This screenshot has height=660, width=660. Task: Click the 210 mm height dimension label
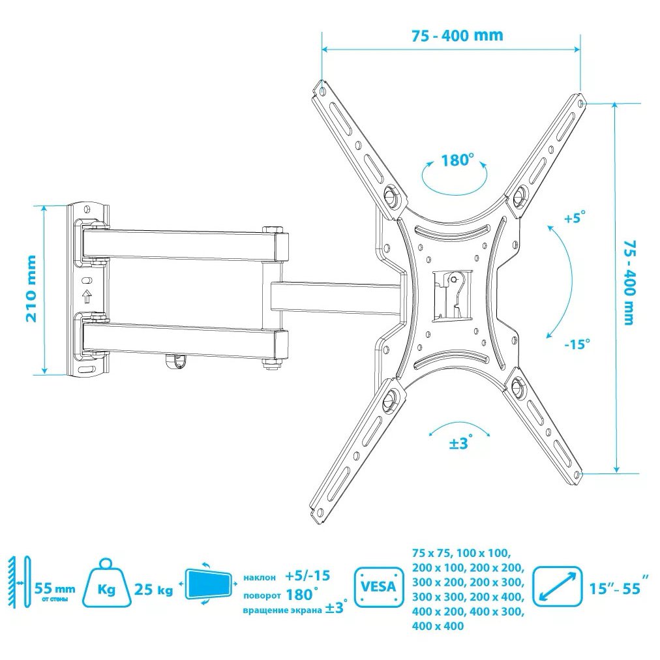point(31,289)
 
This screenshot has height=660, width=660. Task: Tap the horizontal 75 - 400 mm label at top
point(457,35)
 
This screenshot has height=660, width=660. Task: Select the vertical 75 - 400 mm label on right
point(629,282)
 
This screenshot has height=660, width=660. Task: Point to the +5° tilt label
point(575,218)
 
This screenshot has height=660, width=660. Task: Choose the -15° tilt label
point(577,344)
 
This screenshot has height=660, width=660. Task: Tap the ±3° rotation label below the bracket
point(461,442)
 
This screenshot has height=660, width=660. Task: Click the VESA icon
point(379,586)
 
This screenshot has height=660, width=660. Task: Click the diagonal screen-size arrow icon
point(558,586)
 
